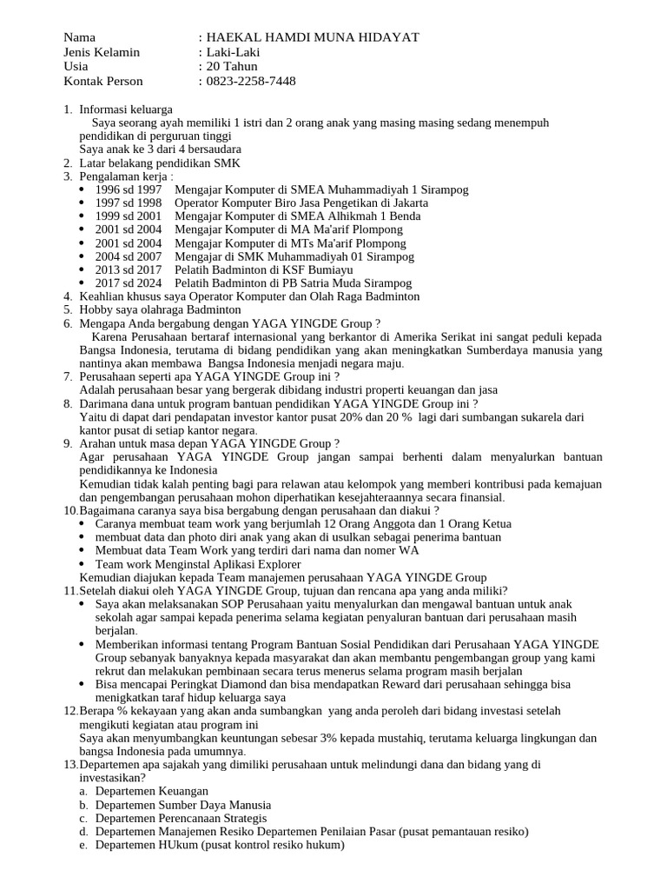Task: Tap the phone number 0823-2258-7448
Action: click(250, 82)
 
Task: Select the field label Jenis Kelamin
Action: click(102, 52)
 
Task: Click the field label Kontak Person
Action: click(105, 82)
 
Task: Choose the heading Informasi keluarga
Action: click(126, 110)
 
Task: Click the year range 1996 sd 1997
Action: click(129, 189)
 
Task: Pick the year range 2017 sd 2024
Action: click(129, 283)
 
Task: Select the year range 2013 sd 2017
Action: click(129, 270)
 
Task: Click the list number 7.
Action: click(68, 376)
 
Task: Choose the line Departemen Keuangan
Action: click(152, 792)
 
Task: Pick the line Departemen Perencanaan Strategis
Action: click(181, 819)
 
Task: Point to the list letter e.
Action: click(83, 846)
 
